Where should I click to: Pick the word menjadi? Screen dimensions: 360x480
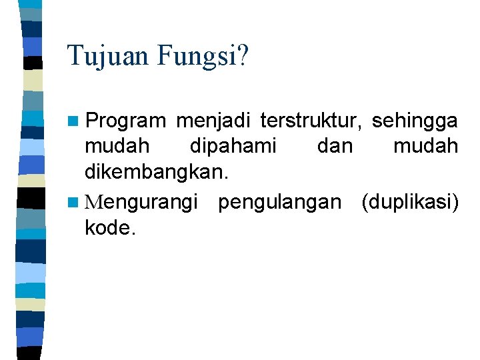213,121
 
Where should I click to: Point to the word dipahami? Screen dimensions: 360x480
233,147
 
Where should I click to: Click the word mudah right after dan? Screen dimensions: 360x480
425,146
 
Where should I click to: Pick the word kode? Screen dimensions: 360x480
110,228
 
